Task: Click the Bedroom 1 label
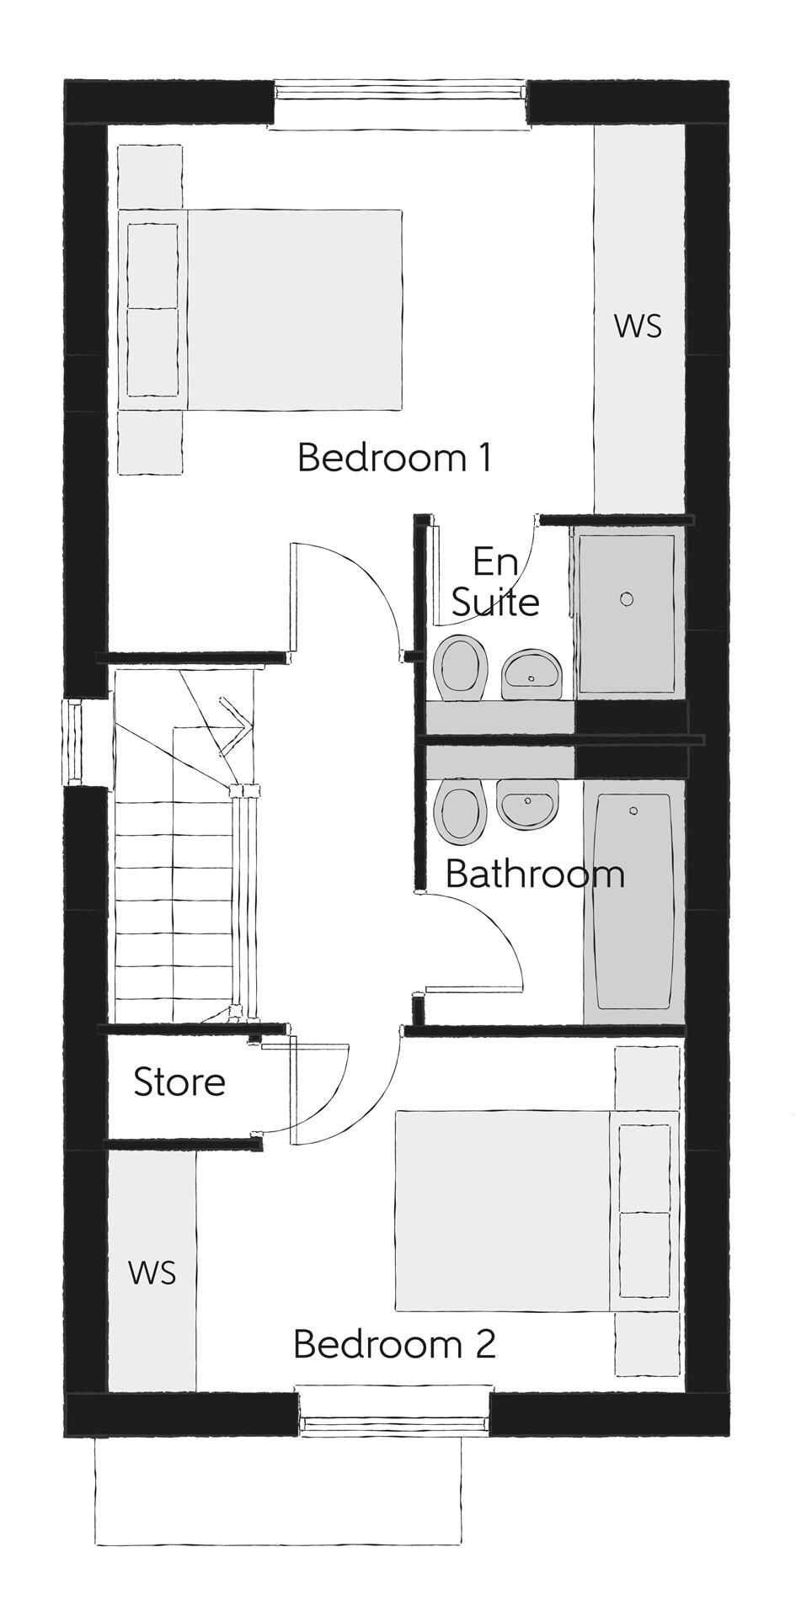point(394,458)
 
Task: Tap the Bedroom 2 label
point(394,1344)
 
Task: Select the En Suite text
point(495,582)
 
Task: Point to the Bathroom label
point(535,874)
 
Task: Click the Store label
point(179,1082)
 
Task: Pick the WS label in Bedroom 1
point(638,326)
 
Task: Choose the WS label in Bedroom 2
point(152,1273)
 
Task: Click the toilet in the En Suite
point(460,668)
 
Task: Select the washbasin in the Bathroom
point(527,803)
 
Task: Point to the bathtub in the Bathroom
point(633,901)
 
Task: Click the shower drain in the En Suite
point(626,598)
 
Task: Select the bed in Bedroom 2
point(537,1210)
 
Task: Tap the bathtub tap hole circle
point(633,811)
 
